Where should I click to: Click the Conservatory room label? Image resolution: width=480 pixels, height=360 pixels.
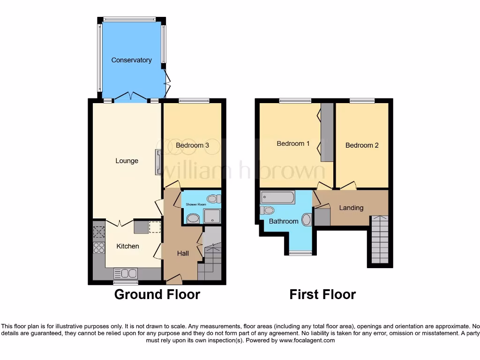tap(131, 60)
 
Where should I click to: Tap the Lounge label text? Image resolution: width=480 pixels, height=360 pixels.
tap(127, 161)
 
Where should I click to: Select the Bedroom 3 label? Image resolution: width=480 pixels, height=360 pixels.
tap(192, 145)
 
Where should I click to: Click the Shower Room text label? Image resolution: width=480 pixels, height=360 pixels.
tap(196, 205)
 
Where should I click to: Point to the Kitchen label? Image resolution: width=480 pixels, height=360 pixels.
tap(127, 246)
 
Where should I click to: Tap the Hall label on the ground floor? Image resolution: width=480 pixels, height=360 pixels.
tap(183, 253)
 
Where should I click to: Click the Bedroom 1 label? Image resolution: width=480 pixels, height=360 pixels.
tap(293, 143)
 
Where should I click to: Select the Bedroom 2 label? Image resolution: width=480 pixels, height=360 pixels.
tap(362, 145)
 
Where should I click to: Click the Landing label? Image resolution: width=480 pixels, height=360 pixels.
tap(351, 208)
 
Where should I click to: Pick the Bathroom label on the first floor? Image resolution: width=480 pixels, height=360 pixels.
tap(284, 221)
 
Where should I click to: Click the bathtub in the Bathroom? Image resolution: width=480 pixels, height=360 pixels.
tap(277, 197)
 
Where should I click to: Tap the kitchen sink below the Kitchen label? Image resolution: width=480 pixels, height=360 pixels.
tap(126, 273)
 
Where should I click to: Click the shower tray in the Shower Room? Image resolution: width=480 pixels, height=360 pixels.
tap(212, 216)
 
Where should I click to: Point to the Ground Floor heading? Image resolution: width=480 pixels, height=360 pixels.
tap(157, 294)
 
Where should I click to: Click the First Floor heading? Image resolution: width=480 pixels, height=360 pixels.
tap(322, 294)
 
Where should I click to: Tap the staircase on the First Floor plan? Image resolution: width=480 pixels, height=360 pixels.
tap(380, 240)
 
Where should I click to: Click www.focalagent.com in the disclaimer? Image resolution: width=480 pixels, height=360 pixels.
tap(307, 340)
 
